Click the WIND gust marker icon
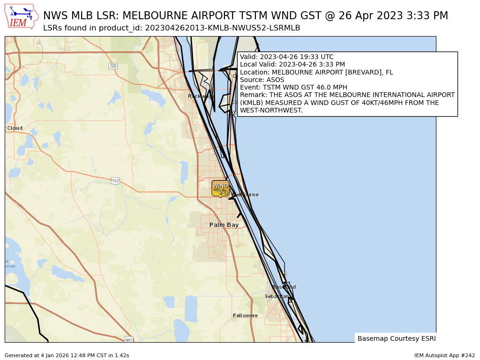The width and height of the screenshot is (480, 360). click(220, 188)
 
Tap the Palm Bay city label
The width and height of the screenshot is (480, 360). click(224, 225)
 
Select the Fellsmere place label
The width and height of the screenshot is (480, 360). click(245, 315)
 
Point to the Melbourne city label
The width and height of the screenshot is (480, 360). click(246, 195)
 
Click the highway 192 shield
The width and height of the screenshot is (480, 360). click(115, 180)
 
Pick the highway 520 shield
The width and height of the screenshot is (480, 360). click(113, 66)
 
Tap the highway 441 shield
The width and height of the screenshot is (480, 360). click(129, 339)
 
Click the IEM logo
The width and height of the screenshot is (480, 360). click(21, 16)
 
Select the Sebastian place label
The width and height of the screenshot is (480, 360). click(276, 296)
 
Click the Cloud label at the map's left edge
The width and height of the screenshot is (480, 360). click(14, 128)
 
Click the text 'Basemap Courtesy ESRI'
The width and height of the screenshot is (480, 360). click(396, 338)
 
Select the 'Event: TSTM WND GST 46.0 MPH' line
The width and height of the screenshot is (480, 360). click(293, 87)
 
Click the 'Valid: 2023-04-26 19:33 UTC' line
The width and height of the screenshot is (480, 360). click(286, 57)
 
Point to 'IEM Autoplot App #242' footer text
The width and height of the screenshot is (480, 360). click(444, 355)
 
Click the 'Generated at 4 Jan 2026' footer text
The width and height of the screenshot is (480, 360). click(67, 355)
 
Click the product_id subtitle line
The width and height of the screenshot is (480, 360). click(172, 28)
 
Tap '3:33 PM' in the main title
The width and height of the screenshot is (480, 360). click(427, 15)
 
